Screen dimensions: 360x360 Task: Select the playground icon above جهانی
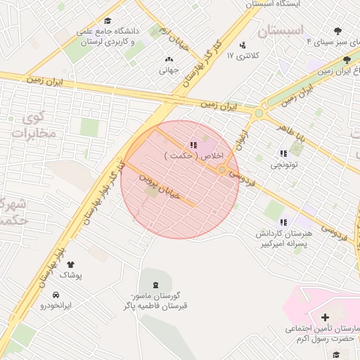168,60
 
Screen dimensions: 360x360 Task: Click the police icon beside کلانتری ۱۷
244,45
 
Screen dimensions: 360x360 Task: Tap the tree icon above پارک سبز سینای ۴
337,31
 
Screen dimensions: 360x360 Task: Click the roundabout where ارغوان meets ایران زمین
259,112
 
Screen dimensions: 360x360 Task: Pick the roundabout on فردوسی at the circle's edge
223,170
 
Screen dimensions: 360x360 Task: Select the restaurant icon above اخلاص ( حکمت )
193,145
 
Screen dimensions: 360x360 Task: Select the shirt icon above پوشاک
70,264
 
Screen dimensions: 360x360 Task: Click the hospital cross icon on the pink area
324,318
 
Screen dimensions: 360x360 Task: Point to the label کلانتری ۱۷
247,55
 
